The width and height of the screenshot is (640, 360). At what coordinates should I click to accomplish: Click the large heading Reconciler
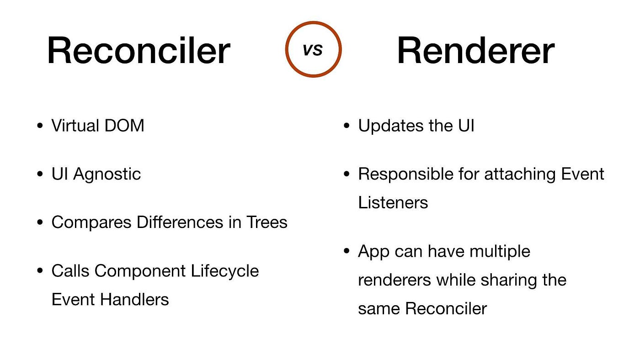138,50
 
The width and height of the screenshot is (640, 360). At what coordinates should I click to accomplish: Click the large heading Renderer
475,50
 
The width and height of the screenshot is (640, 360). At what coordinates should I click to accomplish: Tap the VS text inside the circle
313,50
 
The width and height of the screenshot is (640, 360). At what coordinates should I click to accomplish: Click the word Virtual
75,126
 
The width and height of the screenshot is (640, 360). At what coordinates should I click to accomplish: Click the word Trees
267,222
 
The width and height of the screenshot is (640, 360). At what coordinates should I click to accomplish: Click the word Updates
390,126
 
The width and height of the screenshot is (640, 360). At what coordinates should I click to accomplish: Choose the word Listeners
393,202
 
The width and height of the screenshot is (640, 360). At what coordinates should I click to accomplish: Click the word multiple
496,251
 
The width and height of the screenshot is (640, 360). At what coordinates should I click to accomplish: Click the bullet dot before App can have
347,252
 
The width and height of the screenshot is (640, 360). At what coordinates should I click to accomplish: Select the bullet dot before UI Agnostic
40,175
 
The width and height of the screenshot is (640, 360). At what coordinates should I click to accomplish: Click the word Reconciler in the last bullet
446,309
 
